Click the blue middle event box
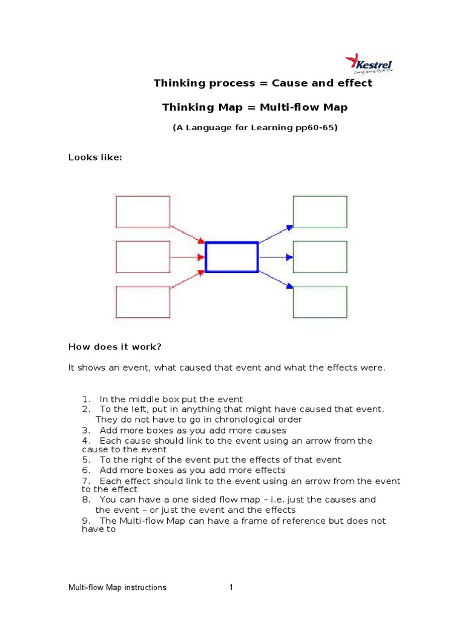click(232, 257)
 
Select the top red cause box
click(143, 212)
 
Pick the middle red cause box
click(143, 257)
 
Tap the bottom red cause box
click(143, 302)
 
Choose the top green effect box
click(320, 212)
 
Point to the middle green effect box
click(320, 257)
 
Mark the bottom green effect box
click(320, 302)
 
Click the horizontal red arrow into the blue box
click(188, 257)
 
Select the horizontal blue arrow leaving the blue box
click(275, 257)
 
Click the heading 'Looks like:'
click(95, 157)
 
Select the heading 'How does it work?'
click(115, 347)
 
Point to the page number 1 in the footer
click(231, 587)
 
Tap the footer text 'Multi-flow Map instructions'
click(117, 587)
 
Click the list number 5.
click(85, 460)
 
